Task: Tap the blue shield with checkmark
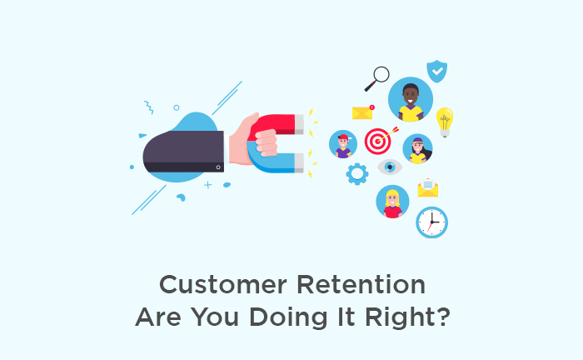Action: (x=437, y=71)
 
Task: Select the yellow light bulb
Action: (x=445, y=122)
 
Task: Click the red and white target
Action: (x=378, y=141)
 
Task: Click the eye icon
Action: (x=390, y=167)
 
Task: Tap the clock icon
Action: (x=431, y=222)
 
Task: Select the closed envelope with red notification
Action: (x=363, y=112)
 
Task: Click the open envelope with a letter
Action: (x=428, y=187)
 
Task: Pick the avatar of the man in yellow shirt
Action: (x=411, y=99)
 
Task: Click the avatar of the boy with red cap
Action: (x=343, y=144)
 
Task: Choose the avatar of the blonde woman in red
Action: (x=392, y=202)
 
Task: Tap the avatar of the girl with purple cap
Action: (x=417, y=149)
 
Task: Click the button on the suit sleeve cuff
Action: (x=218, y=167)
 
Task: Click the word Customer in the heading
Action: (x=223, y=285)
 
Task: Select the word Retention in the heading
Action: (x=361, y=285)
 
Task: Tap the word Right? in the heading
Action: (x=407, y=318)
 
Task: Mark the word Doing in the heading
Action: (x=288, y=318)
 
